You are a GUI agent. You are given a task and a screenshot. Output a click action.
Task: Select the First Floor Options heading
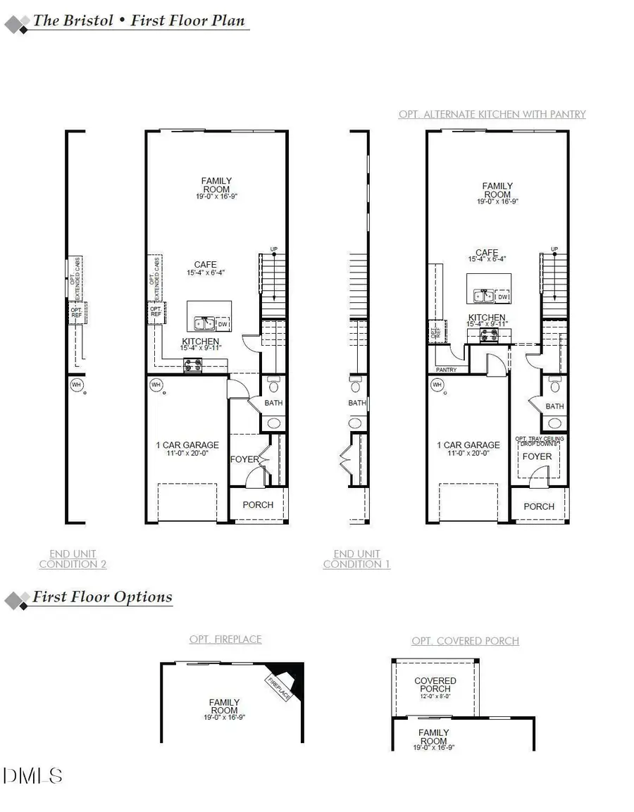(102, 597)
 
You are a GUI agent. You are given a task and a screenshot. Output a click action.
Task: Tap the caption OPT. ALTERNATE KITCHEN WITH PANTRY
(492, 114)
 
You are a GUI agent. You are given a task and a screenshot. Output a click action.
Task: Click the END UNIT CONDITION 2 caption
(73, 559)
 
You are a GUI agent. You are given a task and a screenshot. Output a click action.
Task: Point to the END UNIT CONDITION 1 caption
(356, 559)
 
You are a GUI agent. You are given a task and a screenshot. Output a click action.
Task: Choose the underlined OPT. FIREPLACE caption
(225, 639)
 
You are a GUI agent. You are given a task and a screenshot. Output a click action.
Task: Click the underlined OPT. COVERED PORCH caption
(465, 641)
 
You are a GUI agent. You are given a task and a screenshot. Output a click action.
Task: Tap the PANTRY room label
(446, 370)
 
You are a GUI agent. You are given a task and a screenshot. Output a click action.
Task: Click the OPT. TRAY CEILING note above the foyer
(539, 441)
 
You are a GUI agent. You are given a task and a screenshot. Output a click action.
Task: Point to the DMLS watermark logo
(32, 776)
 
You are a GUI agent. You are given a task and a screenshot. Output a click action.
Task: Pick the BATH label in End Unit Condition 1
(357, 403)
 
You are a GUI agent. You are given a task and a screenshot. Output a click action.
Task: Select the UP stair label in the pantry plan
(554, 249)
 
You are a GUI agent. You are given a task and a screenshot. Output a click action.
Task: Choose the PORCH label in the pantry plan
(539, 506)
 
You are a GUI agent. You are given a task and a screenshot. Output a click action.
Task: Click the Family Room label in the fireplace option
(224, 706)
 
